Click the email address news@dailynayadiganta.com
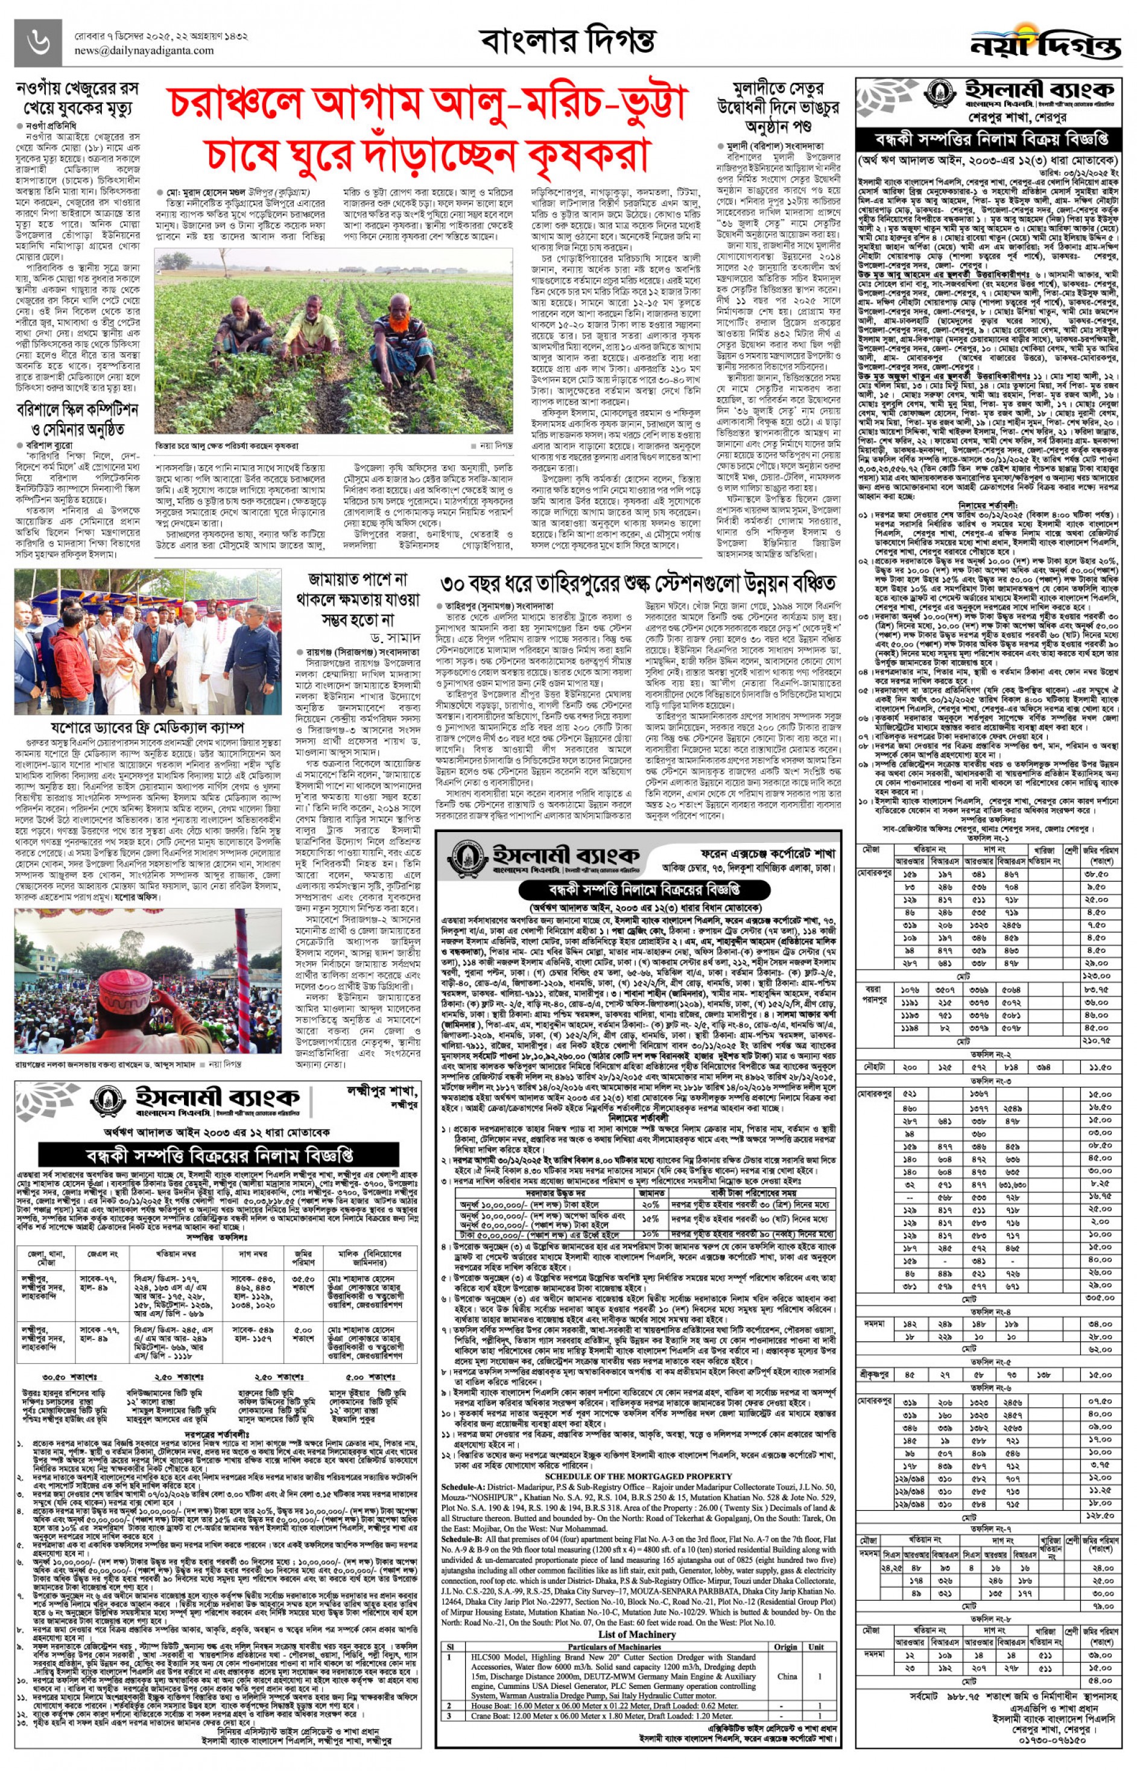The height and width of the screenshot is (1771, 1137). tap(144, 51)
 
